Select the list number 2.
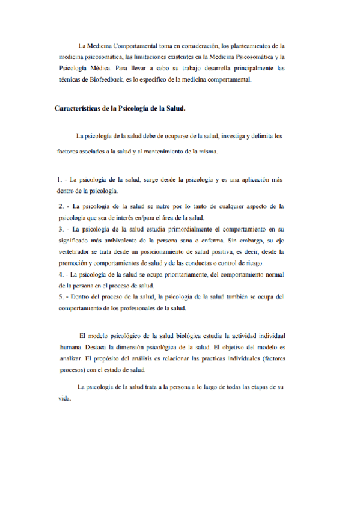click(59, 206)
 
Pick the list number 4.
click(59, 274)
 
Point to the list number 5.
click(59, 296)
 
